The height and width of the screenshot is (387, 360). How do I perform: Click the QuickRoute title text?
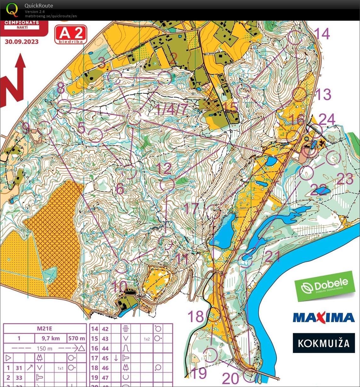click(39, 5)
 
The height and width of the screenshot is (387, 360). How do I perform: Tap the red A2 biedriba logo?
click(71, 34)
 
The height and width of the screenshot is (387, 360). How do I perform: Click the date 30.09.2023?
click(21, 41)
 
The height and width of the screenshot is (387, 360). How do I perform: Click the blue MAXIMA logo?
click(323, 317)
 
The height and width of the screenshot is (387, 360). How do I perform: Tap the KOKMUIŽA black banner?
click(323, 343)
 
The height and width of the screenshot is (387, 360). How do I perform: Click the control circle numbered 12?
click(167, 185)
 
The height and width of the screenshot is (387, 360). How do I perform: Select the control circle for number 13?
click(300, 94)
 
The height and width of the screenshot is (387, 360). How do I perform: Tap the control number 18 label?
click(196, 316)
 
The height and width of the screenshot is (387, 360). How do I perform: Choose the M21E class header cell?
click(44, 329)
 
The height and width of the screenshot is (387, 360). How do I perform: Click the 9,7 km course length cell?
click(51, 339)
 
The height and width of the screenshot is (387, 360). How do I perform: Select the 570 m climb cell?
click(77, 339)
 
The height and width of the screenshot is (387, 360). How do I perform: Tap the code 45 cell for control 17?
click(105, 358)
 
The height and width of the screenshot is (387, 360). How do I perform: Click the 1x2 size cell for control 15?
click(147, 339)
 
